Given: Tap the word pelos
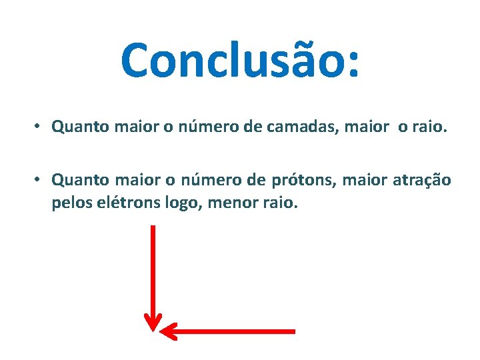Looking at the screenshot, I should pos(69,201).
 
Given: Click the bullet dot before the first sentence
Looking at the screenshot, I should pos(39,126).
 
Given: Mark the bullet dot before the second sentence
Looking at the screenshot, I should pos(39,179).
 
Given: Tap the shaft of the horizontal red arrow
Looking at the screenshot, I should pos(233,331).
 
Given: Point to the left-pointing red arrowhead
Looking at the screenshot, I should pos(169,331).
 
